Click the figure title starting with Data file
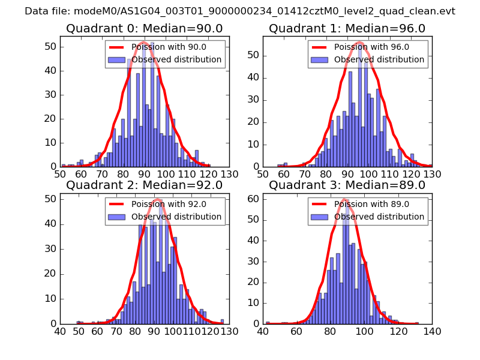pyautogui.click(x=240, y=11)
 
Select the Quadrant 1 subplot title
pyautogui.click(x=347, y=29)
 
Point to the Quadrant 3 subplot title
pyautogui.click(x=347, y=185)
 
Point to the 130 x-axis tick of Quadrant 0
pyautogui.click(x=229, y=174)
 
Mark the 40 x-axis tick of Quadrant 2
pyautogui.click(x=60, y=331)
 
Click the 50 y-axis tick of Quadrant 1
pyautogui.click(x=254, y=55)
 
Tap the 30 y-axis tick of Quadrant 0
pyautogui.click(x=52, y=95)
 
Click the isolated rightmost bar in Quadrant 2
pyautogui.click(x=222, y=321)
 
